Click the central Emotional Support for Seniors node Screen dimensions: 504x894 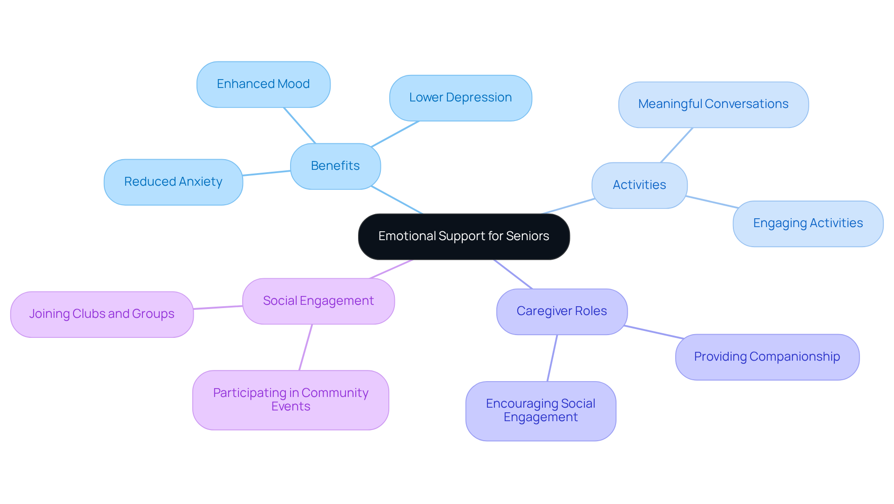pos(463,236)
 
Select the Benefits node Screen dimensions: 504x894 pos(335,166)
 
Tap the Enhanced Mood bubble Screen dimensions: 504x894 pos(263,84)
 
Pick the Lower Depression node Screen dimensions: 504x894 pos(460,98)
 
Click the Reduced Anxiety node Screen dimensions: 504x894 pos(173,182)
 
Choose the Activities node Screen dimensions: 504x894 pos(639,185)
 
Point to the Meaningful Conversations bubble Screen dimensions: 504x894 pos(713,104)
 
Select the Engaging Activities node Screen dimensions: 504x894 pos(807,223)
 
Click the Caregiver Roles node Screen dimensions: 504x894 pos(562,311)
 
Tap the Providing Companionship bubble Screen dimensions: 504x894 pos(766,357)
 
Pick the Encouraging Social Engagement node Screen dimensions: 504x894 pos(540,411)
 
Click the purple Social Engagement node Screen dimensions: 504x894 pos(318,301)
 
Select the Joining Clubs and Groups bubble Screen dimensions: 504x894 pos(102,314)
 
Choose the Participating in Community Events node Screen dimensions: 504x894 pos(291,400)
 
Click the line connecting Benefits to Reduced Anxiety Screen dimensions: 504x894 pos(266,173)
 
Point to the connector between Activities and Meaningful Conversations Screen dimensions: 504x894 pos(677,145)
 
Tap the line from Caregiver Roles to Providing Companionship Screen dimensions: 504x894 pos(654,332)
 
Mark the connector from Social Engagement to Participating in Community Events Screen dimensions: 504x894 pos(305,347)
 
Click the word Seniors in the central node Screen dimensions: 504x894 pos(528,236)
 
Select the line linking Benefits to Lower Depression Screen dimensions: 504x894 pos(395,134)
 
